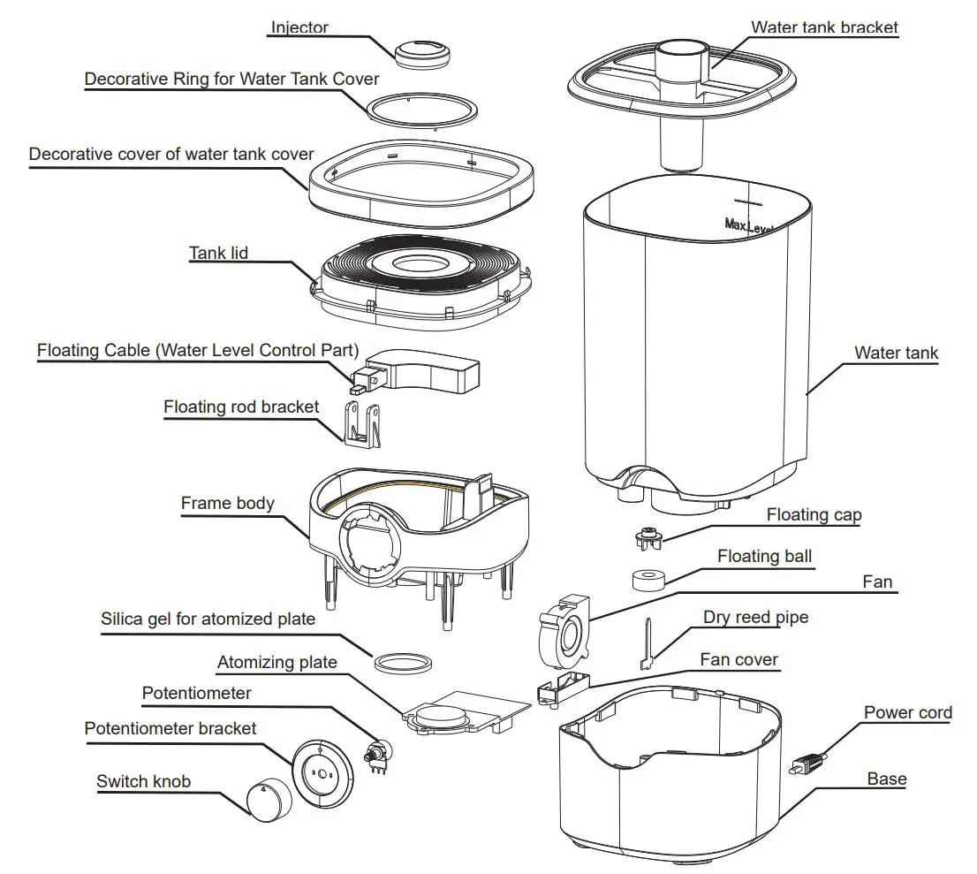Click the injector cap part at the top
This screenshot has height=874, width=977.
click(x=421, y=54)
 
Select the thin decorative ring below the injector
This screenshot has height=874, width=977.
click(x=422, y=110)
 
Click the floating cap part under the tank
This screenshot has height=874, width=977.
click(x=649, y=536)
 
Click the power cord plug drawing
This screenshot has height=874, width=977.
click(x=807, y=762)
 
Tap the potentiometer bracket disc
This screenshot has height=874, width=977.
click(x=322, y=771)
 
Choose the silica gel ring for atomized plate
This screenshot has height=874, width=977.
click(x=405, y=662)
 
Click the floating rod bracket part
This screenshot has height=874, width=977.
click(x=362, y=422)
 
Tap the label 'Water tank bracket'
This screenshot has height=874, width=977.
click(x=823, y=27)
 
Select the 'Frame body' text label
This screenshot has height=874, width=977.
click(x=227, y=504)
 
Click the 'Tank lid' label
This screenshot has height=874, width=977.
click(x=218, y=254)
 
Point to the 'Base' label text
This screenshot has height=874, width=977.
click(x=886, y=779)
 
